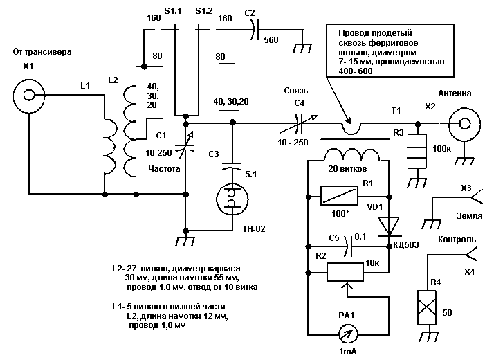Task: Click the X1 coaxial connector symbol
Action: point(29,95)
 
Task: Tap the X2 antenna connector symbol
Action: point(465,123)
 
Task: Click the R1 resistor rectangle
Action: point(339,196)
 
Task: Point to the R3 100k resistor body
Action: point(417,152)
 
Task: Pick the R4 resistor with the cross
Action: point(427,307)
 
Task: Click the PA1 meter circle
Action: point(348,334)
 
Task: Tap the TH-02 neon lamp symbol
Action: point(232,199)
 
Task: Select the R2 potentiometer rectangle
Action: point(345,272)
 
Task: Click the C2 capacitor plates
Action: point(255,30)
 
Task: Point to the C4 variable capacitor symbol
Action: point(298,123)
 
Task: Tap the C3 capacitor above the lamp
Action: point(232,166)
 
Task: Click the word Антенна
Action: point(455,93)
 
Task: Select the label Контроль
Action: point(457,240)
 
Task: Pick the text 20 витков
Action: point(347,169)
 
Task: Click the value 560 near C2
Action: point(271,40)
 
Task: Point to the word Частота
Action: point(164,169)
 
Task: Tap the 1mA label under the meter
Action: point(348,352)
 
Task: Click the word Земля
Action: point(469,216)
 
